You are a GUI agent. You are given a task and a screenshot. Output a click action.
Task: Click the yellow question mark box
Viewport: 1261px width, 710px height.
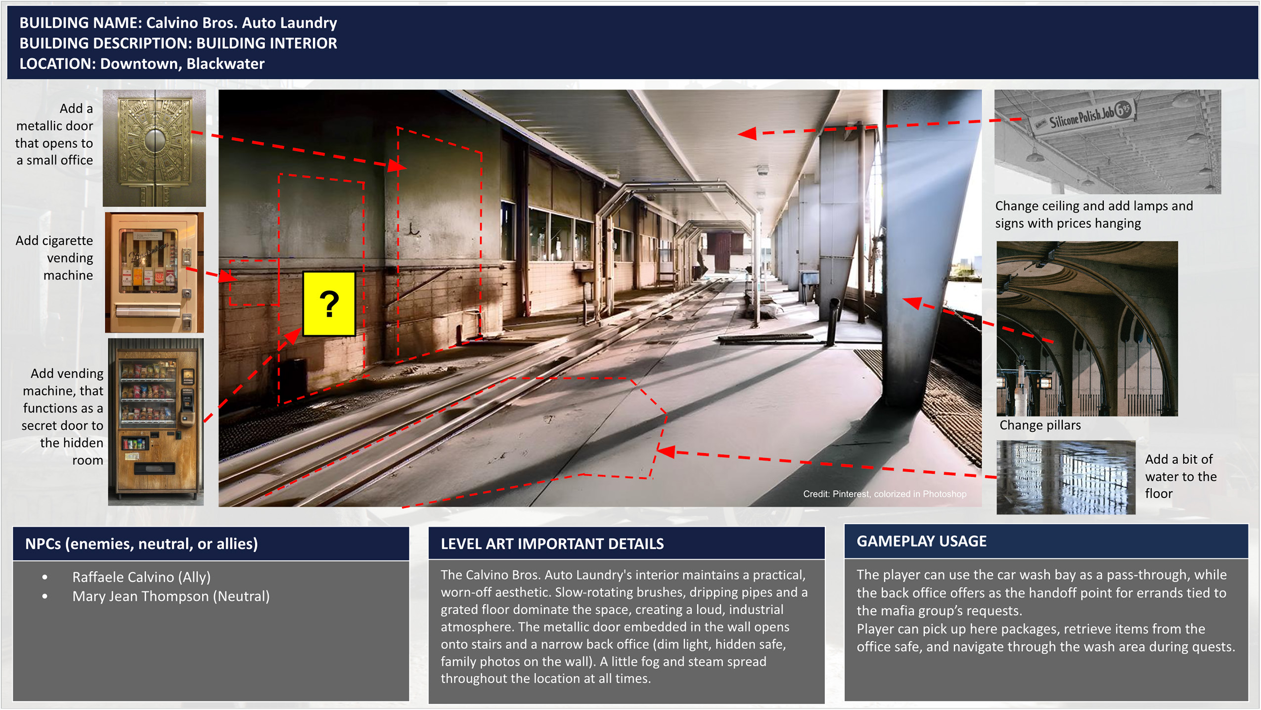pos(329,303)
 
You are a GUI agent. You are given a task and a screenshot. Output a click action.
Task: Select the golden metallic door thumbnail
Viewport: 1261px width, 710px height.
pos(154,148)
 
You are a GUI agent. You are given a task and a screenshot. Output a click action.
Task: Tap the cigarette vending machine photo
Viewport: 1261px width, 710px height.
pos(154,272)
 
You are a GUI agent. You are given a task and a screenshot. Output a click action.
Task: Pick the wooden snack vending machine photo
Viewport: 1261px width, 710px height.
pos(156,421)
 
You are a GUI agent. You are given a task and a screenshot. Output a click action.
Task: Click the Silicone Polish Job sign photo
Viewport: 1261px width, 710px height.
pos(1107,142)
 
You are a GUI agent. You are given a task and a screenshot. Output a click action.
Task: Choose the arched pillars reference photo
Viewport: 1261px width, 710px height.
pos(1087,329)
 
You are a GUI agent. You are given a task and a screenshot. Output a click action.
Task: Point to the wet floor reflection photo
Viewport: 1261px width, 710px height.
pos(1066,477)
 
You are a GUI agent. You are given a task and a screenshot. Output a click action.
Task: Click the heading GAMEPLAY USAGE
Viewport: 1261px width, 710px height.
pos(921,541)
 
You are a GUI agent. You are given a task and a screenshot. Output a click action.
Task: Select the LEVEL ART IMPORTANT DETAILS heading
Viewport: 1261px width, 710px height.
pos(552,543)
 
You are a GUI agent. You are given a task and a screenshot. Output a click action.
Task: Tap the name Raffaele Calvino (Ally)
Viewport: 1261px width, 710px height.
pos(141,577)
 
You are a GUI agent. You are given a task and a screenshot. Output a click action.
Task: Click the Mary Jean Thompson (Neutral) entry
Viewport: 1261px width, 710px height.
pos(171,596)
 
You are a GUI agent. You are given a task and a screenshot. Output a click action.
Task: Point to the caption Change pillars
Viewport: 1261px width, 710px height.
pos(1040,425)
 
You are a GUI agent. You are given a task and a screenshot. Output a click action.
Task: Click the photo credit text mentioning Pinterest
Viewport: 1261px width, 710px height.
pos(884,494)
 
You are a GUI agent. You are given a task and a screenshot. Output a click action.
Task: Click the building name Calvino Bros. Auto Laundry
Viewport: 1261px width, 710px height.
pos(241,23)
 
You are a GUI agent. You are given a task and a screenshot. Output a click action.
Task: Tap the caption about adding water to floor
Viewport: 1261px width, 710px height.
pos(1180,476)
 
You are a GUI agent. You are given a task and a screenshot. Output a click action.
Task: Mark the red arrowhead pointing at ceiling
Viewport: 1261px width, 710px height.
pos(747,133)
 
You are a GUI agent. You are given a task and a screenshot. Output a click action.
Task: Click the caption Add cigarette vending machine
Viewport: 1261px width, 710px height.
pos(54,257)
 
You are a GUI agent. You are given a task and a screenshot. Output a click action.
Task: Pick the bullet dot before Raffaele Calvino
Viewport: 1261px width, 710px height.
pos(45,577)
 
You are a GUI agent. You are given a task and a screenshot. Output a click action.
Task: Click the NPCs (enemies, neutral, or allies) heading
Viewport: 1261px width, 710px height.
pos(141,543)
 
